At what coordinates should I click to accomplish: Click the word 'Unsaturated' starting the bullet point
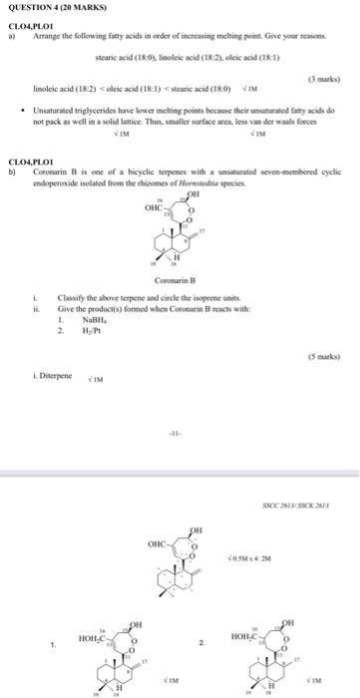click(x=54, y=129)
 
